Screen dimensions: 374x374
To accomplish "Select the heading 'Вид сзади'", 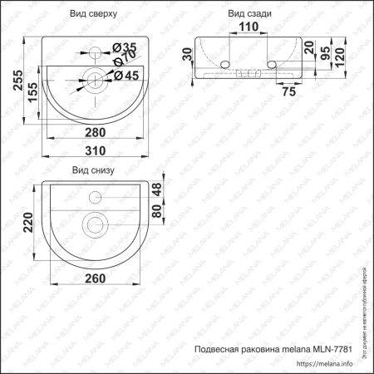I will pos(250,16).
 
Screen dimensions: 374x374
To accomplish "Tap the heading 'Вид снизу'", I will pos(94,170).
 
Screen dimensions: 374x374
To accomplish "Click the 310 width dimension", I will pos(96,150).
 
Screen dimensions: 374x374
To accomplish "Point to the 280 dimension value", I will pos(95,130).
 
